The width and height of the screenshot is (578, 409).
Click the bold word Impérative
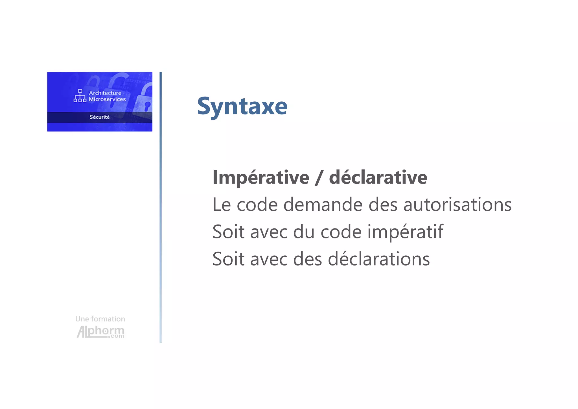[x=261, y=178]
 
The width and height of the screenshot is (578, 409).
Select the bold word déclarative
[x=378, y=178]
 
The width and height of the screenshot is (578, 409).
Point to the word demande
[x=323, y=205]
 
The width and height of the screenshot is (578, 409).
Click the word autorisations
[x=457, y=205]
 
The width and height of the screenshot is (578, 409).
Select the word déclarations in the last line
[x=379, y=259]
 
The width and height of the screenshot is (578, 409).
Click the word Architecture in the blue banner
[x=105, y=93]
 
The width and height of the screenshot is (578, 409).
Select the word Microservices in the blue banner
[x=107, y=99]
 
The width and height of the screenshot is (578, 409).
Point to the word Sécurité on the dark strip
[x=99, y=117]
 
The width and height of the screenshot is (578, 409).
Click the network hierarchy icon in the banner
[x=80, y=96]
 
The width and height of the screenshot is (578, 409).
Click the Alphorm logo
[x=100, y=332]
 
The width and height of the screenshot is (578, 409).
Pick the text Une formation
[x=100, y=319]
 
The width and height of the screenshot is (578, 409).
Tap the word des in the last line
[x=307, y=259]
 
